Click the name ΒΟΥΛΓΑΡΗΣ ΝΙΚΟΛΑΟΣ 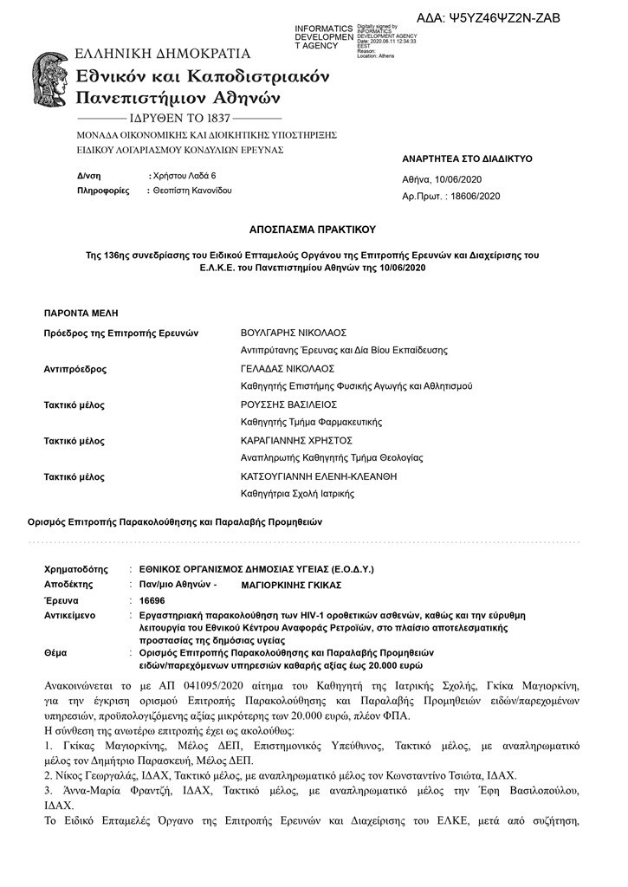(x=293, y=333)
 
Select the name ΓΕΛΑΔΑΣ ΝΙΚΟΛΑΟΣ (x=285, y=368)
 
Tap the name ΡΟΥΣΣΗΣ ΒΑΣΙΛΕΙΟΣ (x=288, y=405)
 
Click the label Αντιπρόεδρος (x=75, y=368)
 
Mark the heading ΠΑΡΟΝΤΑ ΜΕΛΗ (x=81, y=312)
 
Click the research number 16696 (x=152, y=599)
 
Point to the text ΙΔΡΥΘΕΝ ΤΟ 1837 (x=179, y=117)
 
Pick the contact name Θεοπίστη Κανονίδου (x=193, y=190)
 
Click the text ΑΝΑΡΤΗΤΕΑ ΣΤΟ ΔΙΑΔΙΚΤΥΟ (x=467, y=159)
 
